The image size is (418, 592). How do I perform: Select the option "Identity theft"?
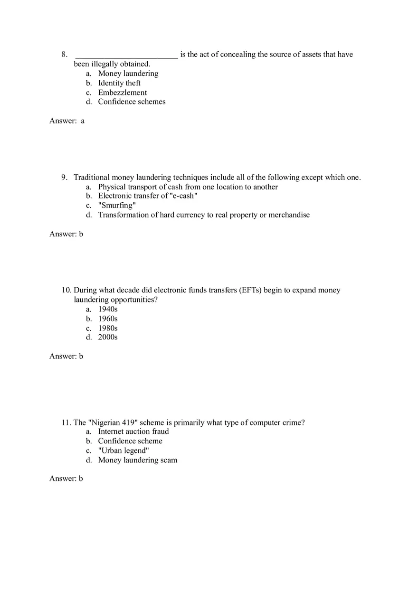pos(119,83)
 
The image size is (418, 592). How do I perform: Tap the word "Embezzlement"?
pos(123,93)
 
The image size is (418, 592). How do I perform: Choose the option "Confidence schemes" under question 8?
pos(132,102)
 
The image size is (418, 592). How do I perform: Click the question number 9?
pos(65,178)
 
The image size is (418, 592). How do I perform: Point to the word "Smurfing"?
pos(117,206)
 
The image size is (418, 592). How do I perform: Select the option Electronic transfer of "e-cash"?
pos(148,196)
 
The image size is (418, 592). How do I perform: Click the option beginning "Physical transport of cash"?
pos(188,187)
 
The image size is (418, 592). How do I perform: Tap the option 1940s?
pos(108,309)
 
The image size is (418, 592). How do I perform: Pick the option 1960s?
pos(108,319)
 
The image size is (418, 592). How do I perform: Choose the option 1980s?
pos(108,328)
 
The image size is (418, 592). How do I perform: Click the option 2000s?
pos(108,337)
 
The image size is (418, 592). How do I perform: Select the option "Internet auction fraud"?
pos(133,432)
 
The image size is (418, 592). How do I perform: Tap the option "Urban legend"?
pos(123,451)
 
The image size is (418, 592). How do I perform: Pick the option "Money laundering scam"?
pos(138,460)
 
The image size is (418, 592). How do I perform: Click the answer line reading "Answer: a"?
pos(67,121)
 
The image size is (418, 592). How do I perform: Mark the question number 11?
pos(66,423)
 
